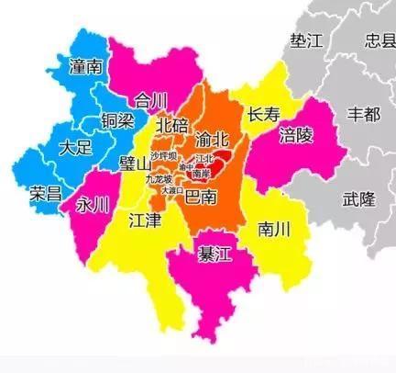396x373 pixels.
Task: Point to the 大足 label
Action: pos(75,147)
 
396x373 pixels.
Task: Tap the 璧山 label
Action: pos(135,164)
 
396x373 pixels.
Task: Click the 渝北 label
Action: pos(215,139)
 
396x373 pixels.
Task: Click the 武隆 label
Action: pos(358,199)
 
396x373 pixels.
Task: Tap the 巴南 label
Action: pos(202,197)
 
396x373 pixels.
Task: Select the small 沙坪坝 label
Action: pos(166,156)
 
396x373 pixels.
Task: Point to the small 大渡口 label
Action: pos(171,189)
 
